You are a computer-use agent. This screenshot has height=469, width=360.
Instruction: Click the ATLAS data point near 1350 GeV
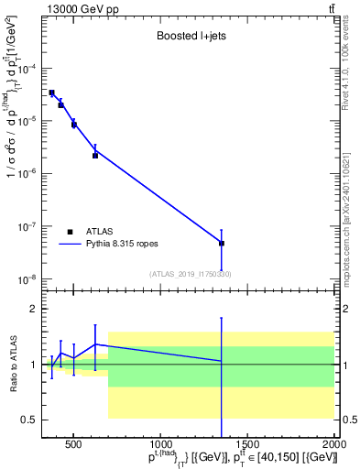tap(222, 243)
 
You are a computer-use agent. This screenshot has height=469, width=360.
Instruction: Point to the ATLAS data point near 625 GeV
tap(95, 155)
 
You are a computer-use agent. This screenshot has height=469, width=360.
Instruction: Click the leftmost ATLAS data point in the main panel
tap(51, 93)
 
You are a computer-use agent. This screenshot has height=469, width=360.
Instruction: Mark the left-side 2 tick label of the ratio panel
tap(30, 309)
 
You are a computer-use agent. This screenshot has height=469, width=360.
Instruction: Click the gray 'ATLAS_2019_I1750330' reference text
tap(191, 274)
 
